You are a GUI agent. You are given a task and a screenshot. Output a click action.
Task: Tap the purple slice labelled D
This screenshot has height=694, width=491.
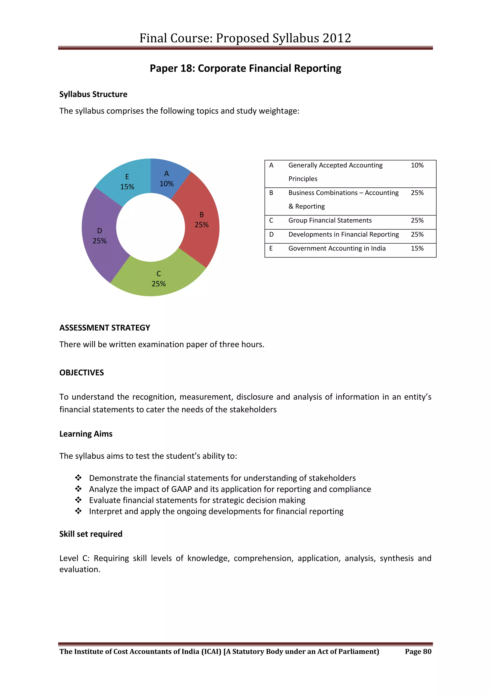click(x=99, y=236)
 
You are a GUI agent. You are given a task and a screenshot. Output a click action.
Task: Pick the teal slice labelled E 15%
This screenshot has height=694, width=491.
click(x=127, y=182)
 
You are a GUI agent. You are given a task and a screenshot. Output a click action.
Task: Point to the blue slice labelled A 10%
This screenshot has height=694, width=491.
click(x=167, y=179)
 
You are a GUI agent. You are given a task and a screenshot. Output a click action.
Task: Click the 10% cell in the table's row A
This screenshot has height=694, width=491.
click(x=417, y=165)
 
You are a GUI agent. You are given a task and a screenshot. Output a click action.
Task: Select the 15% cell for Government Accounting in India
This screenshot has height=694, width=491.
click(x=417, y=248)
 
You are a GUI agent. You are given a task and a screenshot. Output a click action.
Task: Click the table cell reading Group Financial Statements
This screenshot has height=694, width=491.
click(x=330, y=220)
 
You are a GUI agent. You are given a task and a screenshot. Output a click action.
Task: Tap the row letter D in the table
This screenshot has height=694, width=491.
click(x=271, y=234)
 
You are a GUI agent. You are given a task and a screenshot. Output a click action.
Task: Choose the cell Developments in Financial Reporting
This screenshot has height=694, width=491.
click(x=344, y=234)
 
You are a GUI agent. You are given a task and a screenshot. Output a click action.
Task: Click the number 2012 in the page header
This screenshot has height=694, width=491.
click(x=337, y=38)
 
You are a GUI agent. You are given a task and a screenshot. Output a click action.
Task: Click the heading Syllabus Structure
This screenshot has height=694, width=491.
click(x=93, y=94)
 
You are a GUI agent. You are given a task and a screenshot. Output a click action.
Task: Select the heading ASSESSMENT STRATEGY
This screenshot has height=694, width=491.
click(x=105, y=328)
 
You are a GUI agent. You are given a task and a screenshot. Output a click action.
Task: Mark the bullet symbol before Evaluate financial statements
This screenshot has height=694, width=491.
click(x=78, y=500)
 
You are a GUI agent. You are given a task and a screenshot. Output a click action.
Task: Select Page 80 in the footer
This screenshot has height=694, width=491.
click(x=418, y=651)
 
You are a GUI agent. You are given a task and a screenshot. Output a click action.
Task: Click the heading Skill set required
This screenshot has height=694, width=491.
click(x=91, y=534)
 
